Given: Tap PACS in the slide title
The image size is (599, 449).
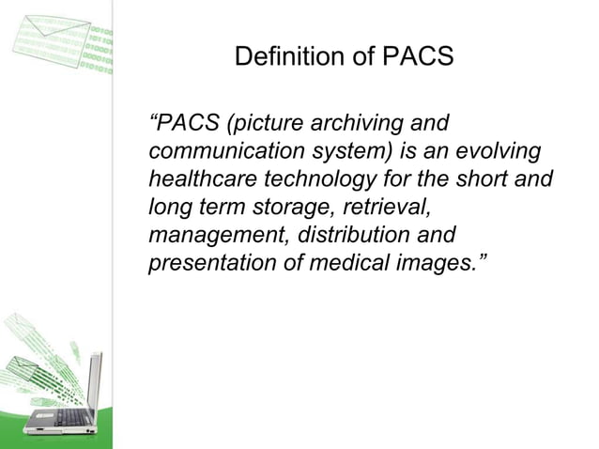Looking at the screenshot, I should [x=417, y=57].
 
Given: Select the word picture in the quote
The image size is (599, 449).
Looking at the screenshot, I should [x=265, y=124].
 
